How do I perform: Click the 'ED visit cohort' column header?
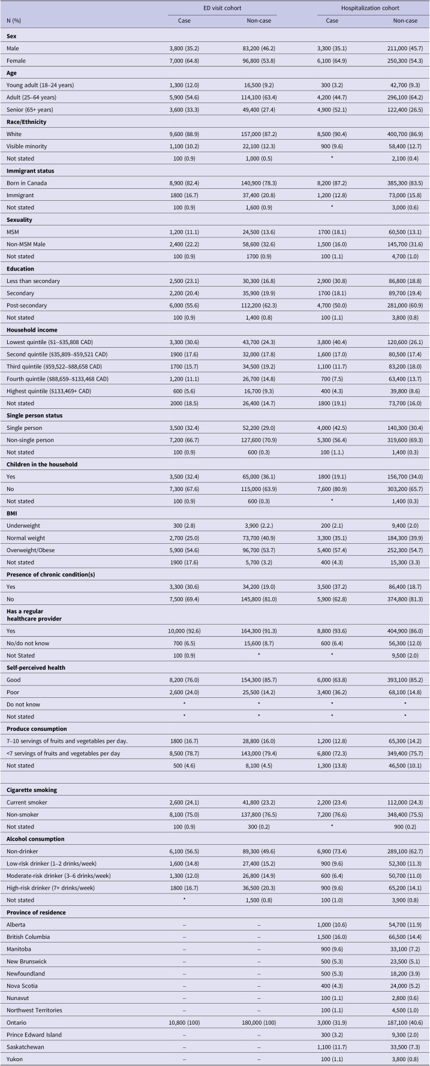tap(222, 8)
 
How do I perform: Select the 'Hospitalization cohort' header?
tap(370, 8)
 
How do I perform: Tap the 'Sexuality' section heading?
tap(20, 220)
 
